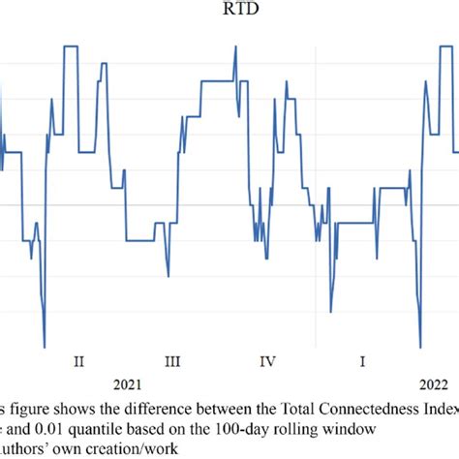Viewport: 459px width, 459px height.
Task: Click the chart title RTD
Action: [229, 11]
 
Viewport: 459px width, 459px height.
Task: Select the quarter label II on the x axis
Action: [78, 361]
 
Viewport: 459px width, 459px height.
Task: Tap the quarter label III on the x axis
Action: [172, 361]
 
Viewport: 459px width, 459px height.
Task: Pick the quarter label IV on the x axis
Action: [268, 361]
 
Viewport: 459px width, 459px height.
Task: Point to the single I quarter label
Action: [362, 361]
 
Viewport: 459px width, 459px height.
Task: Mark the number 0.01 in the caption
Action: [51, 424]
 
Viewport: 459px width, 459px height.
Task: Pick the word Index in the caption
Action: [437, 404]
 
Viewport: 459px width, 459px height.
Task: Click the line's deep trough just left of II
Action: [45, 346]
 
